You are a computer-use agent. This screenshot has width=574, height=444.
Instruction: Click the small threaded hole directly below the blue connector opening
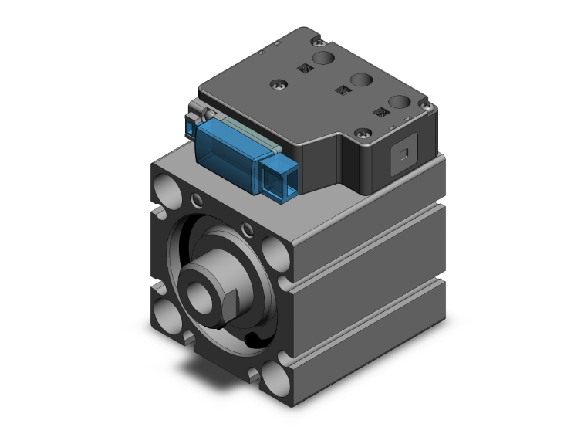pyautogui.click(x=247, y=229)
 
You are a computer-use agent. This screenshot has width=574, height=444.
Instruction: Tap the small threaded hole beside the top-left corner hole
pyautogui.click(x=198, y=202)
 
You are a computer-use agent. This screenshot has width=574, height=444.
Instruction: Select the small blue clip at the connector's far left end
pyautogui.click(x=189, y=126)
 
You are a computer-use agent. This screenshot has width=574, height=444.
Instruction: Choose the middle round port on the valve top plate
pyautogui.click(x=360, y=80)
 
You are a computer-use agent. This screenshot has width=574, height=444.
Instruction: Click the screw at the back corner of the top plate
pyautogui.click(x=314, y=36)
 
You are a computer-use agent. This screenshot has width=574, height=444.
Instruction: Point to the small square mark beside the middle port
pyautogui.click(x=339, y=91)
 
